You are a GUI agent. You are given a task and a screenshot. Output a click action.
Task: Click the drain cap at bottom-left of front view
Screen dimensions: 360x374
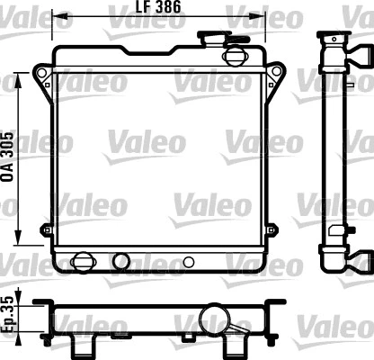(83, 262)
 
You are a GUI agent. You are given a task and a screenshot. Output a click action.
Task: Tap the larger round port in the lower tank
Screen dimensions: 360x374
(120, 262)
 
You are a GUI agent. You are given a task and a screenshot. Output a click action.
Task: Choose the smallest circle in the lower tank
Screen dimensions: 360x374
(189, 263)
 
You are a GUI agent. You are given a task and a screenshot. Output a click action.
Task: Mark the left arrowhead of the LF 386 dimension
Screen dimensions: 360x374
(56, 13)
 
